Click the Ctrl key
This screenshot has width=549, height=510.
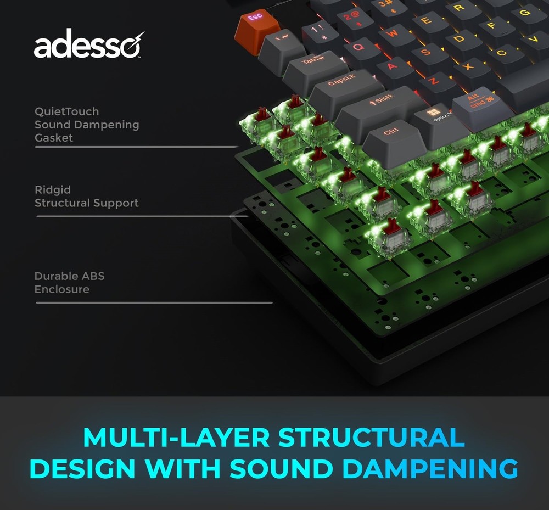pyautogui.click(x=391, y=133)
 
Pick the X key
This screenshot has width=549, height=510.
pyautogui.click(x=468, y=66)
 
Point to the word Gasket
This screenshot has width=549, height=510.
pyautogui.click(x=54, y=138)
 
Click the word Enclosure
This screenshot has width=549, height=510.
pyautogui.click(x=61, y=289)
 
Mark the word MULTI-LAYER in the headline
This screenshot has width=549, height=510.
pyautogui.click(x=176, y=438)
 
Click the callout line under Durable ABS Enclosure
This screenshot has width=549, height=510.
pyautogui.click(x=154, y=302)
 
